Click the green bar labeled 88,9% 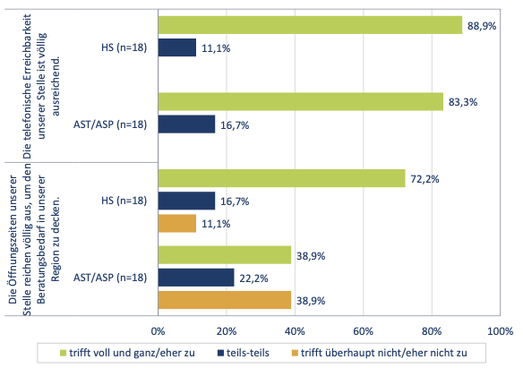click(x=310, y=25)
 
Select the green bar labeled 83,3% click(x=301, y=102)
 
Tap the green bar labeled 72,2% click(x=282, y=178)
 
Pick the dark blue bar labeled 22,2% click(x=196, y=278)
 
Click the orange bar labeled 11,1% click(x=177, y=223)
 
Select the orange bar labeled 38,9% click(x=225, y=300)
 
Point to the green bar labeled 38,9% click(x=225, y=255)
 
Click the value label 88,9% click(x=482, y=26)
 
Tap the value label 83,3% click(x=463, y=102)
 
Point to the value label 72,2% click(x=424, y=179)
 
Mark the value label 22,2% click(x=253, y=278)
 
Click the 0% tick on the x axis click(x=159, y=331)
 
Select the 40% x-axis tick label click(x=295, y=331)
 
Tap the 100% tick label click(x=501, y=331)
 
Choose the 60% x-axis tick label click(x=364, y=331)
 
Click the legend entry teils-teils click(x=244, y=353)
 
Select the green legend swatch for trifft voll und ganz click(x=63, y=353)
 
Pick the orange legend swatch click(x=295, y=353)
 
